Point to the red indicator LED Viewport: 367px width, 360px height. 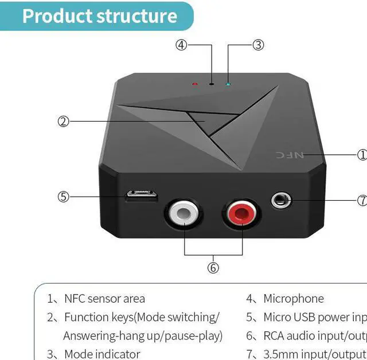(x=195, y=84)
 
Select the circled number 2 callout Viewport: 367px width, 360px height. (x=63, y=121)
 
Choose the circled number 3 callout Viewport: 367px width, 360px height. (x=258, y=45)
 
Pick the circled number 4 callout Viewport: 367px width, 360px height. (x=181, y=45)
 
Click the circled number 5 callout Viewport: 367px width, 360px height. (x=63, y=197)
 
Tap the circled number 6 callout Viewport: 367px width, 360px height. (x=213, y=268)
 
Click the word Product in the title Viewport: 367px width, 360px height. (x=57, y=16)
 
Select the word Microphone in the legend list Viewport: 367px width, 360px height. (x=293, y=299)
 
